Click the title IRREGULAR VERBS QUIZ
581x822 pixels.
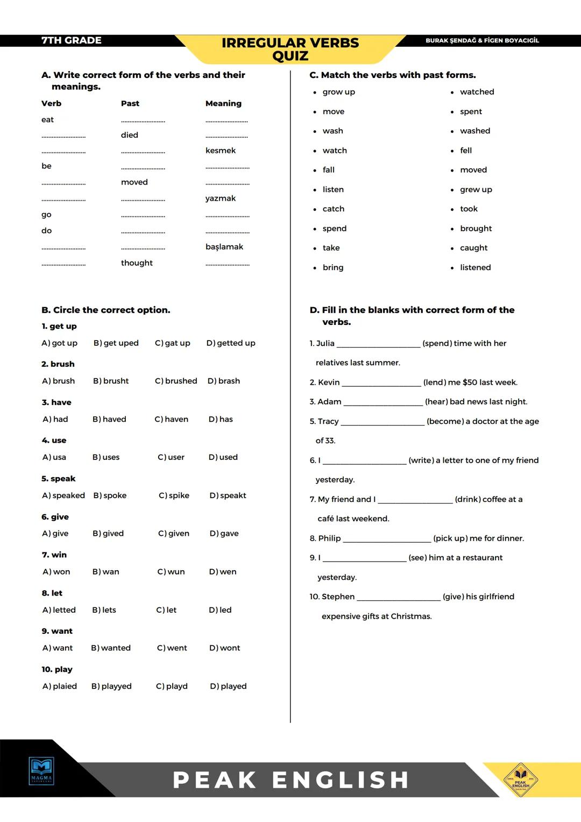(290, 49)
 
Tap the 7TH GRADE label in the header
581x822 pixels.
(71, 40)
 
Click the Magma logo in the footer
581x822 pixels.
(41, 771)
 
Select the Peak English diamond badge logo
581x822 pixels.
(520, 778)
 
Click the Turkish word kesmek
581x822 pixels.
(220, 151)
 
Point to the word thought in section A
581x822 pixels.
(137, 263)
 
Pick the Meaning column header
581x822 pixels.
(223, 103)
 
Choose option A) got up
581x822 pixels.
(60, 343)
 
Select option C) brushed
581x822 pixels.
(176, 381)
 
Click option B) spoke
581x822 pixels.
(110, 495)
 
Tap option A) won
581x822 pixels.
(56, 572)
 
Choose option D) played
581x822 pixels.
(228, 686)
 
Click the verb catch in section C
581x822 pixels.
(333, 209)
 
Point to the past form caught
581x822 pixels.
(473, 248)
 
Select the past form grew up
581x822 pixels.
(476, 189)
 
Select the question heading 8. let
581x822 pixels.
(52, 593)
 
